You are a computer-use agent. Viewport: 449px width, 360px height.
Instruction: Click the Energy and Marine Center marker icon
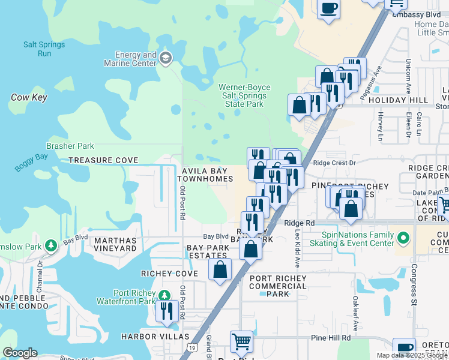(166, 58)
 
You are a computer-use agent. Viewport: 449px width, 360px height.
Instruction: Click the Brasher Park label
(70, 146)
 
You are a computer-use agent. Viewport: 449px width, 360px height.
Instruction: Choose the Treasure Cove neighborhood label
(103, 161)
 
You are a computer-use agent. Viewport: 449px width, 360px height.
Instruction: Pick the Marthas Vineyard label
(111, 244)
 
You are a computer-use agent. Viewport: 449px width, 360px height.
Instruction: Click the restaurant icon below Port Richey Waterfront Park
(165, 310)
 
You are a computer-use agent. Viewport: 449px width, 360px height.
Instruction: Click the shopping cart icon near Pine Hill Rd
(241, 341)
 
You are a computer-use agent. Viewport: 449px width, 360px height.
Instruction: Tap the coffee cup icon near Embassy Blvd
(328, 8)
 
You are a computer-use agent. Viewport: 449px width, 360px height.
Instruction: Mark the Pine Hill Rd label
(331, 338)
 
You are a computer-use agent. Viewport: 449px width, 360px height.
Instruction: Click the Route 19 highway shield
(192, 347)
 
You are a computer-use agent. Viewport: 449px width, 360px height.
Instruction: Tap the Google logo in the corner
(20, 353)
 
